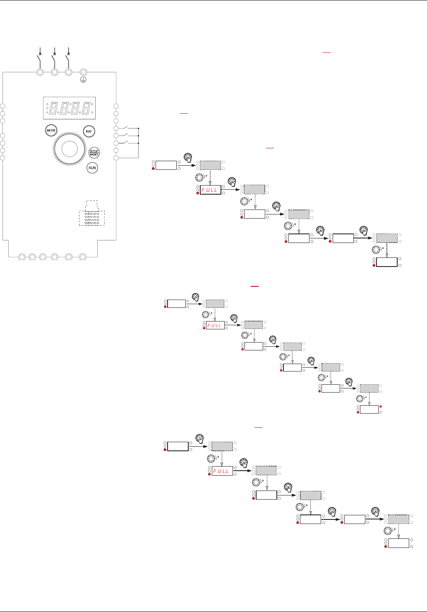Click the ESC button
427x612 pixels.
[x=88, y=131]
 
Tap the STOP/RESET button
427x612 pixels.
[x=94, y=152]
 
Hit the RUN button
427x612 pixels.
[x=92, y=168]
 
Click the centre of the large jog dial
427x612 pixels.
[x=69, y=148]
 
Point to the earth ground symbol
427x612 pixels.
[x=82, y=81]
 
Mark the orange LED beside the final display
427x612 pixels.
[x=381, y=407]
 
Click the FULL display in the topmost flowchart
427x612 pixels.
[x=211, y=190]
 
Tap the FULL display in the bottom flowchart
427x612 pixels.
[x=222, y=471]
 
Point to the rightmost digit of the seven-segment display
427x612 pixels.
[x=86, y=107]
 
